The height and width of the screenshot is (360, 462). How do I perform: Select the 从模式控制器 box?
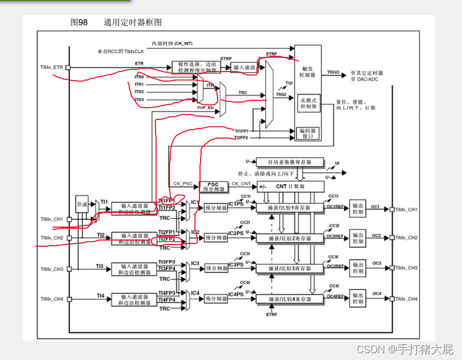coord(309,103)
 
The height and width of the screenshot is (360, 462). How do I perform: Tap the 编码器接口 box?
coord(309,133)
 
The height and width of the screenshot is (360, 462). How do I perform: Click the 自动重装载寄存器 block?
coord(290,162)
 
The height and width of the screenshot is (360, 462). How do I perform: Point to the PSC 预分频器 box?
coord(213,185)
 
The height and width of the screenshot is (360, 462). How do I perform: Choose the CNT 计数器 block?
coord(290,186)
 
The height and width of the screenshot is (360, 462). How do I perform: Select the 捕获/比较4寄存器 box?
coord(290,298)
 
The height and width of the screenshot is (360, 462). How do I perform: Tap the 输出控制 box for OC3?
coord(358,268)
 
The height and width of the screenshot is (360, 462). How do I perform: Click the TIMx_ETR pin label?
coord(52,67)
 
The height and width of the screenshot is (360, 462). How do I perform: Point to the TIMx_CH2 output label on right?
coord(406,238)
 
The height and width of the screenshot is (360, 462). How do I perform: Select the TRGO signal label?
coord(333,73)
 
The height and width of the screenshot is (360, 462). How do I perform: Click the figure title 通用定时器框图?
coord(132,22)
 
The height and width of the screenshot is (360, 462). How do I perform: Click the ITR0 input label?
coord(139,77)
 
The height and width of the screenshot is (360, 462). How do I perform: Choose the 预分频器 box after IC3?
coord(216,268)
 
